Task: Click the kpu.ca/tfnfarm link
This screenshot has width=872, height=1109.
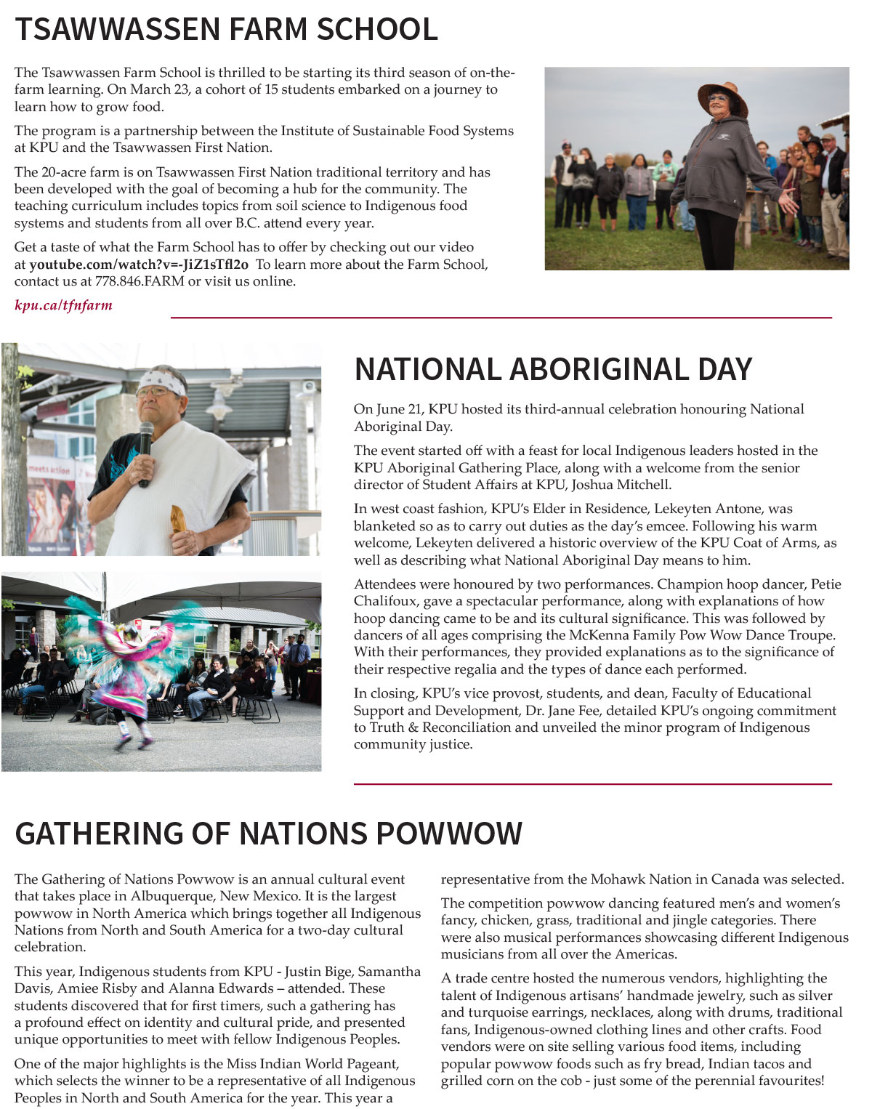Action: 63,305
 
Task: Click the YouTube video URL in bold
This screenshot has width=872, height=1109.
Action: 139,265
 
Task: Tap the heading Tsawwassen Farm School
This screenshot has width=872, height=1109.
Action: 226,30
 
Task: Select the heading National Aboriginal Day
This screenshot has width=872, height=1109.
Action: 552,369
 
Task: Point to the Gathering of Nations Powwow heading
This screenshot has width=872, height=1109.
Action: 268,834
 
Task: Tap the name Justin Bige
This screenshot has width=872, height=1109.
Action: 318,972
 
